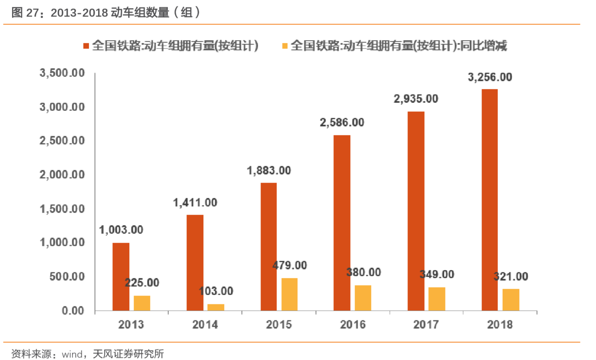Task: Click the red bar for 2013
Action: point(121,276)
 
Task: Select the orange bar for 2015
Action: point(289,294)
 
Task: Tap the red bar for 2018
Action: point(490,199)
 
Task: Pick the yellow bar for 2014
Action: point(216,307)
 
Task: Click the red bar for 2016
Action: point(342,223)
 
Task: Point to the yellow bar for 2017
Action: point(437,299)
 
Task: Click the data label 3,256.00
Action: point(490,77)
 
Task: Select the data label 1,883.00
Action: point(269,171)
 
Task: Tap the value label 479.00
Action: point(290,265)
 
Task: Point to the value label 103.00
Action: point(216,291)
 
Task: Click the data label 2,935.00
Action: point(416,99)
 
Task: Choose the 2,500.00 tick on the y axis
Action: point(62,141)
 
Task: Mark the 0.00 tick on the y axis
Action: point(73,310)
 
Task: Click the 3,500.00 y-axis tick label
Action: point(62,73)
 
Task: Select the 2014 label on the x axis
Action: point(205,324)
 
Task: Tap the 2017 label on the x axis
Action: point(426,324)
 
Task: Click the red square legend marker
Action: point(86,46)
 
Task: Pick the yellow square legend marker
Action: point(285,46)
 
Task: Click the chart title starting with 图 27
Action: point(106,12)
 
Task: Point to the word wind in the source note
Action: point(72,354)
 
